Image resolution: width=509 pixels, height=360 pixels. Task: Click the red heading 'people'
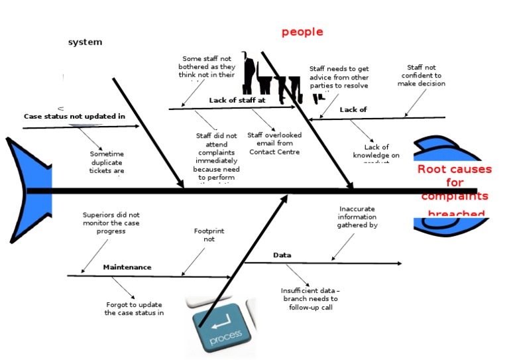coord(302,32)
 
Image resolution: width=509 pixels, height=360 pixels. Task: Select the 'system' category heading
coord(85,42)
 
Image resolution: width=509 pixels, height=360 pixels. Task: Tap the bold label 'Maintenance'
coord(127,267)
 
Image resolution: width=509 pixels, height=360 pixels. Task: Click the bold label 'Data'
coord(282,255)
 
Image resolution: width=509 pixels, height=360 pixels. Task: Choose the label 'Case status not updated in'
coord(74,116)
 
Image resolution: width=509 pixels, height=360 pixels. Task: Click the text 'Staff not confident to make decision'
coord(422,76)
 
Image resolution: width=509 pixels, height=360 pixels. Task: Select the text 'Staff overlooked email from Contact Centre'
coord(274,143)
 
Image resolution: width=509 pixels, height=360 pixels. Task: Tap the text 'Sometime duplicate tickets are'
coord(107,162)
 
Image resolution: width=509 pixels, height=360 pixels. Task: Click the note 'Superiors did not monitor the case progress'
coord(111,223)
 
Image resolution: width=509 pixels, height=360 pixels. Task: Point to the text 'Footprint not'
coord(209,235)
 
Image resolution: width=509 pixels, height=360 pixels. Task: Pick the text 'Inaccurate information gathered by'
coord(357,217)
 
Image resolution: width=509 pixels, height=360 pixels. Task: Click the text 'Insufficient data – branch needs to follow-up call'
coord(310,299)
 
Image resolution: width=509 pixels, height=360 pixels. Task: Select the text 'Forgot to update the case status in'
coord(134,309)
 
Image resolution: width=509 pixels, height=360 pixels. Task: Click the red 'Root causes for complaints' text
coord(454,183)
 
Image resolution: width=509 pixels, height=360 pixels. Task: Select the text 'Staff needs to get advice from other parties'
coord(339,77)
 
